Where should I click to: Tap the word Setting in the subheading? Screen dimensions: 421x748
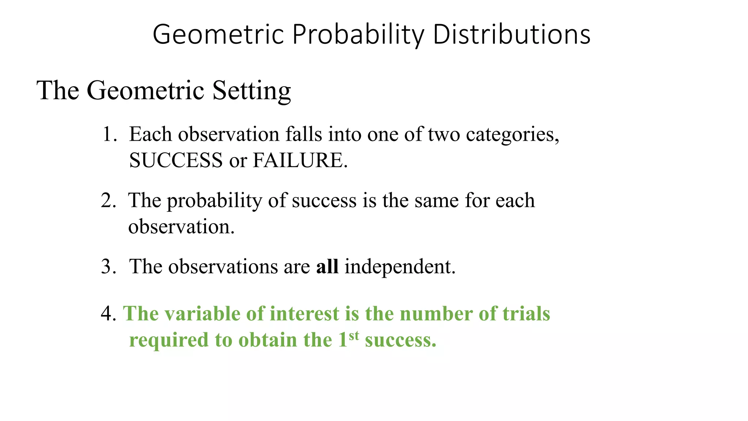point(252,91)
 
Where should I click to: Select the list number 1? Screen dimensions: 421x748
point(108,134)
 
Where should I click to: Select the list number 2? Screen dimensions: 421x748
point(108,201)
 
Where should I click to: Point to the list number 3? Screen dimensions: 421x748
point(108,266)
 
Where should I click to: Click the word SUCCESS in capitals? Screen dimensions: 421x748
point(176,160)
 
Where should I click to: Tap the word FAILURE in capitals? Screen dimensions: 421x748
point(298,160)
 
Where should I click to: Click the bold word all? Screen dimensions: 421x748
point(327,266)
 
